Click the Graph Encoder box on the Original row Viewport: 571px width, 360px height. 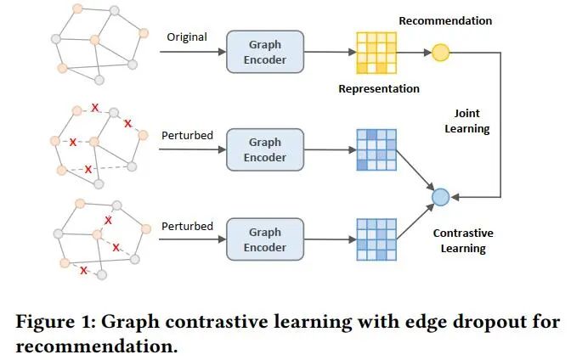pyautogui.click(x=265, y=53)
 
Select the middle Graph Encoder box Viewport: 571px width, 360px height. pyautogui.click(x=265, y=149)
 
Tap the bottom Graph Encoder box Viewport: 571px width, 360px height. pyautogui.click(x=265, y=239)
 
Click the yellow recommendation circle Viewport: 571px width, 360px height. pyautogui.click(x=440, y=53)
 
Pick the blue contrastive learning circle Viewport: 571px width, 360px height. pyautogui.click(x=440, y=197)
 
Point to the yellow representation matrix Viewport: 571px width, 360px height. pyautogui.click(x=375, y=53)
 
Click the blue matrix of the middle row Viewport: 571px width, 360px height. pyautogui.click(x=375, y=149)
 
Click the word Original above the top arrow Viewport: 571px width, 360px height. pyautogui.click(x=186, y=37)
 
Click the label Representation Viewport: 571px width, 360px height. pyautogui.click(x=379, y=88)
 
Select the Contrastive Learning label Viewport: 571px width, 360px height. pyautogui.click(x=463, y=240)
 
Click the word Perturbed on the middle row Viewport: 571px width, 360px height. pyautogui.click(x=186, y=134)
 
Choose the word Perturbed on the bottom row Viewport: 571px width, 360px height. pyautogui.click(x=186, y=226)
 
